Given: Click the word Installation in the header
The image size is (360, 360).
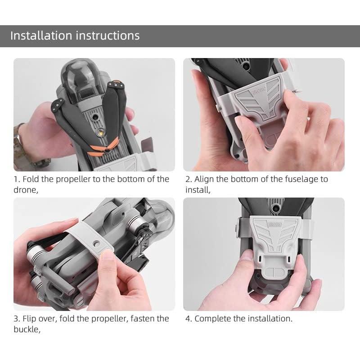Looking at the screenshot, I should click(x=41, y=36).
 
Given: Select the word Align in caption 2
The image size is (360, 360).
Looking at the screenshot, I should click(x=204, y=179).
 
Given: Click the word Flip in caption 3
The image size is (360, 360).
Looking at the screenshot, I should click(x=30, y=319).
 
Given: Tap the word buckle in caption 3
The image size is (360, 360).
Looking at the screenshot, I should click(x=26, y=329).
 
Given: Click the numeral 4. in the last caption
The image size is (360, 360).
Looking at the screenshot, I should click(x=189, y=319).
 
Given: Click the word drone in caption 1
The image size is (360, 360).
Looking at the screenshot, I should click(x=25, y=190).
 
